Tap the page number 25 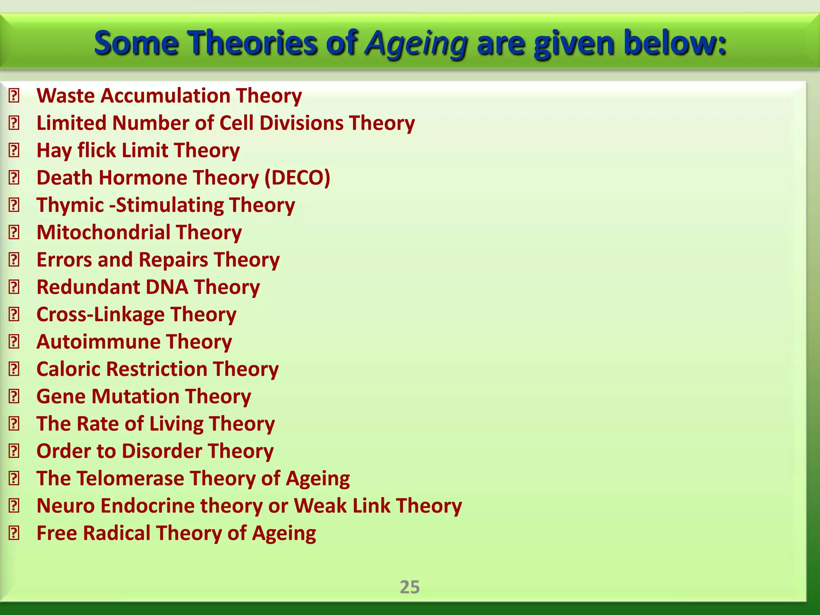410,587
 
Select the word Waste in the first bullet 66,96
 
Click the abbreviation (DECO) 297,178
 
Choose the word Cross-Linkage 100,315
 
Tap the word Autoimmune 98,342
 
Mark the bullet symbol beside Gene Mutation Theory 14,397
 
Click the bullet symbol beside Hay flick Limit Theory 14,151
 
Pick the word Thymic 70,205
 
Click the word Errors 64,260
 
